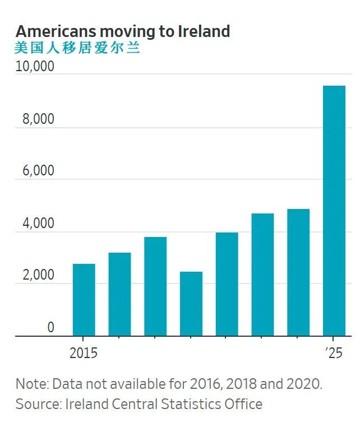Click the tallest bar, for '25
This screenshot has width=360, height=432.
coord(334,211)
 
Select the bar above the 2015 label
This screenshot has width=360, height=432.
coord(84,300)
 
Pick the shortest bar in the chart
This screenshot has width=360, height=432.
coord(191,304)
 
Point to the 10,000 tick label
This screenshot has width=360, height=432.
coord(35,67)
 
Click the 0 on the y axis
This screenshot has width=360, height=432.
coord(50,328)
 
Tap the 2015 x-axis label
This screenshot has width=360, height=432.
coord(84,353)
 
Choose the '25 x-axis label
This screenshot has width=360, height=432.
coord(334,353)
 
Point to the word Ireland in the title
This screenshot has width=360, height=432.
coord(204,31)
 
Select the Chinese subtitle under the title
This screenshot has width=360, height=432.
coord(77,48)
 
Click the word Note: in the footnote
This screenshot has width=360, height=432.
coord(32,384)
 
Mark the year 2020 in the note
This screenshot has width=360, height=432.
coord(305,384)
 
